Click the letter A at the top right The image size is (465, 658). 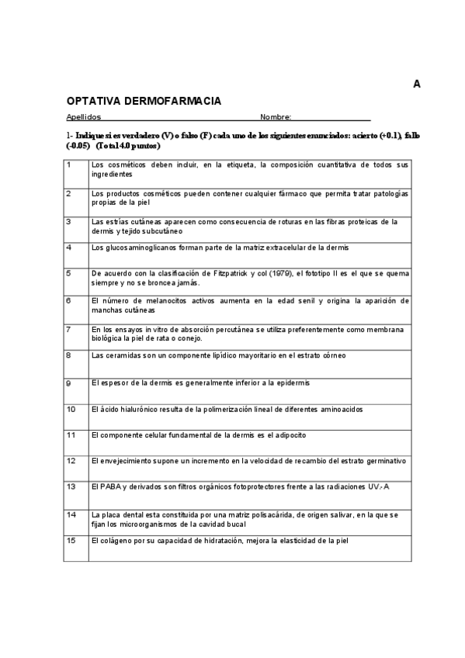[417, 85]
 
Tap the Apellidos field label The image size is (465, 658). [84, 117]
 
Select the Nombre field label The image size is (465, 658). [276, 117]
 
